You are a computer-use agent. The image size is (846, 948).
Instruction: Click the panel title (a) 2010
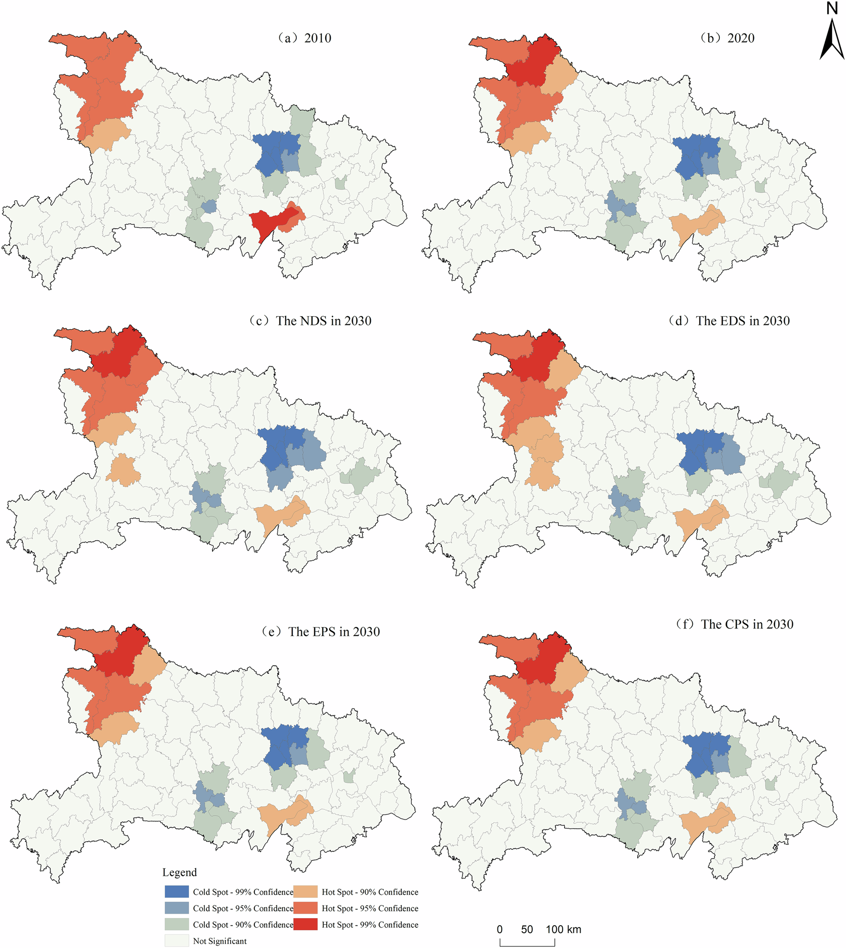[x=304, y=38]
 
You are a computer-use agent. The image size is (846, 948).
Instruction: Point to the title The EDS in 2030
[x=729, y=321]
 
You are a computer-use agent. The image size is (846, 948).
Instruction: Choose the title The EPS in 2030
[x=321, y=632]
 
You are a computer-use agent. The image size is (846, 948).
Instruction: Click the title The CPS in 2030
[x=734, y=624]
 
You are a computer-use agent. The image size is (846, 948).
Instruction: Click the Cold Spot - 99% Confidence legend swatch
[x=176, y=891]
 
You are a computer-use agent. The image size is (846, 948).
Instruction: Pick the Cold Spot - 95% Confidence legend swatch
[x=176, y=908]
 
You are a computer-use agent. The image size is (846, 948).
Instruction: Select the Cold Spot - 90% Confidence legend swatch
[x=176, y=924]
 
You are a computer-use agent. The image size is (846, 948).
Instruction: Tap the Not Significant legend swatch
[x=176, y=941]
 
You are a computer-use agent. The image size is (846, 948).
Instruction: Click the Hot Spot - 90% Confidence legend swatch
[x=306, y=891]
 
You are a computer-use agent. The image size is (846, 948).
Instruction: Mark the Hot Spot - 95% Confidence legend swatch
[x=306, y=908]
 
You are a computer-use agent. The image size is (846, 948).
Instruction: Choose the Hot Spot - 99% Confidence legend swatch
[x=306, y=924]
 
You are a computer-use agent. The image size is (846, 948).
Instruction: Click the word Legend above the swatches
[x=179, y=873]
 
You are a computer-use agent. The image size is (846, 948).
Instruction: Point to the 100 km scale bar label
[x=563, y=929]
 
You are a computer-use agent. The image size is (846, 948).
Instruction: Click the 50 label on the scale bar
[x=527, y=929]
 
